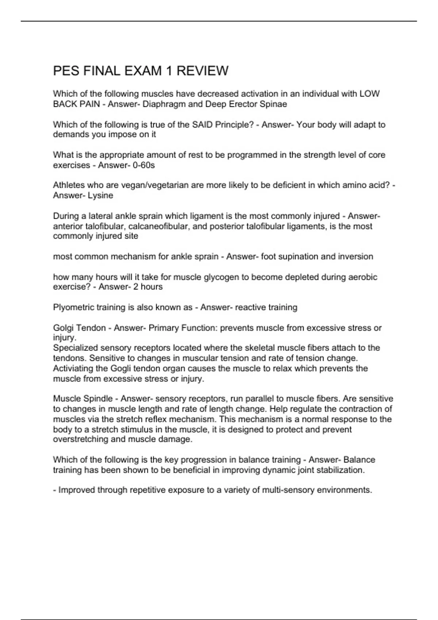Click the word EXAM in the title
pyautogui.click(x=143, y=71)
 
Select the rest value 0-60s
pyautogui.click(x=144, y=165)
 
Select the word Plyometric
pyautogui.click(x=74, y=307)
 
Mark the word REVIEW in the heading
pyautogui.click(x=203, y=71)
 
